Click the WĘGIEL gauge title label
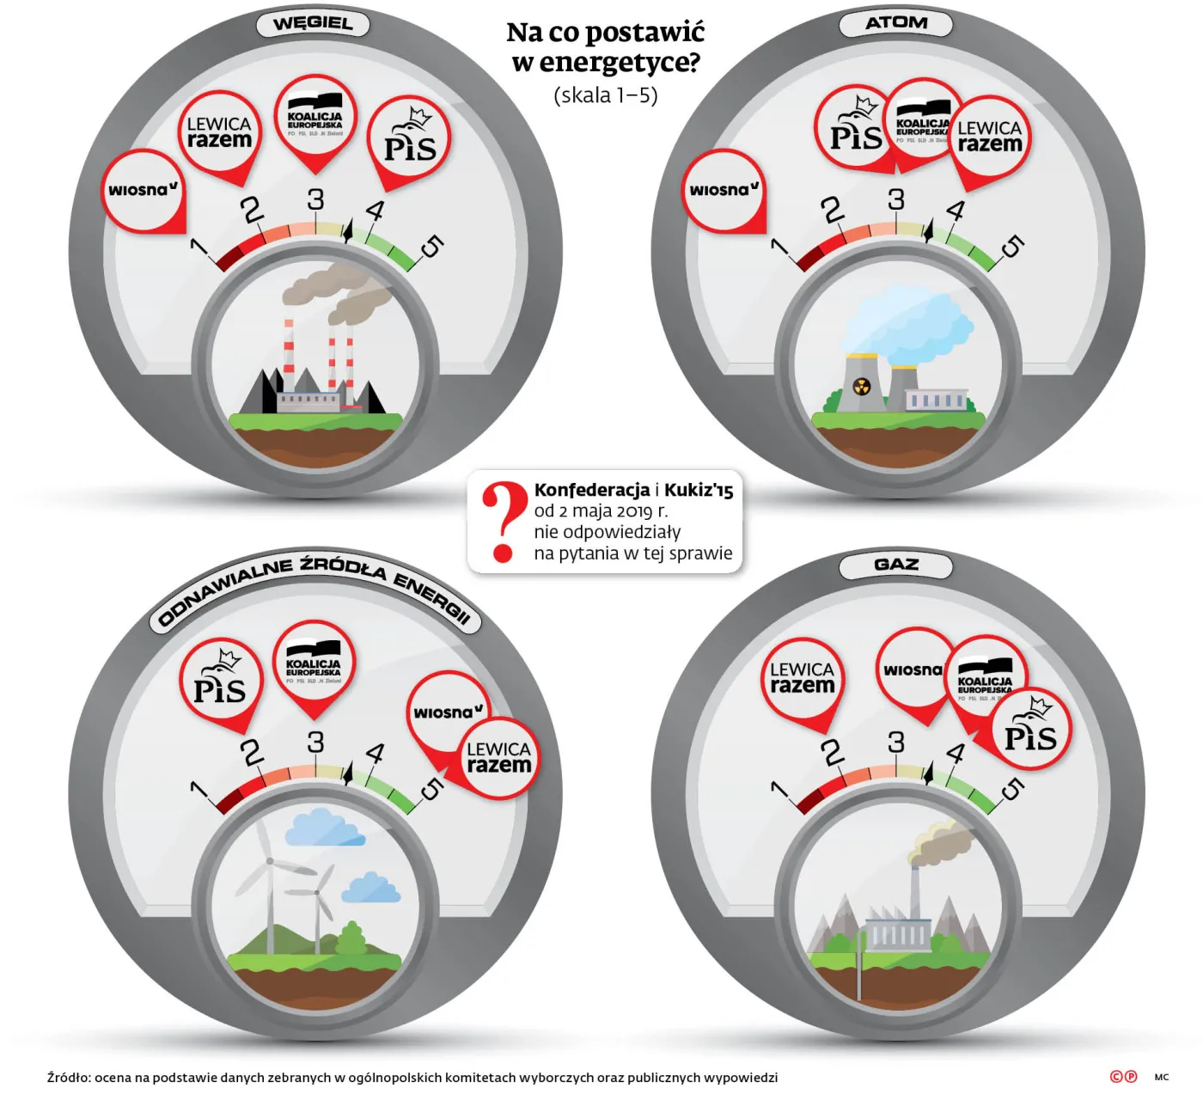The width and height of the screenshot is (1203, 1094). [313, 24]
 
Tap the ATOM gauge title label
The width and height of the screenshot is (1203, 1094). [895, 23]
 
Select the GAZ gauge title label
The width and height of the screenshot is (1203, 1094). [895, 565]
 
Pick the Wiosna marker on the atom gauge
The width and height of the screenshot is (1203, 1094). [724, 190]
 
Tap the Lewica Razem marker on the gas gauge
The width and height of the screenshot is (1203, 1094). [802, 678]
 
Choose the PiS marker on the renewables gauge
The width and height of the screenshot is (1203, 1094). [220, 682]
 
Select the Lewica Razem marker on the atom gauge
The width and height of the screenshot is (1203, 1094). [990, 138]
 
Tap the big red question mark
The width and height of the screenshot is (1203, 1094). [503, 521]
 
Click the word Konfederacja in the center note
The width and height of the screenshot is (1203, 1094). [592, 490]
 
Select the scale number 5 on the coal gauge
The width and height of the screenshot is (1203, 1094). [431, 248]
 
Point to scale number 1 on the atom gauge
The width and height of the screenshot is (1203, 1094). [780, 248]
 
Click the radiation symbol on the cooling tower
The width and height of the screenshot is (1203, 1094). [861, 387]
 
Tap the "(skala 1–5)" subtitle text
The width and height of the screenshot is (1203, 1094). [606, 95]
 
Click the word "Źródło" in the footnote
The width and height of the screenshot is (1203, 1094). [68, 1078]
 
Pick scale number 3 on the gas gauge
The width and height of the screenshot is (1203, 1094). [896, 742]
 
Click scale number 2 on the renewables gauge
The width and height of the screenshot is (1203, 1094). [251, 753]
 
